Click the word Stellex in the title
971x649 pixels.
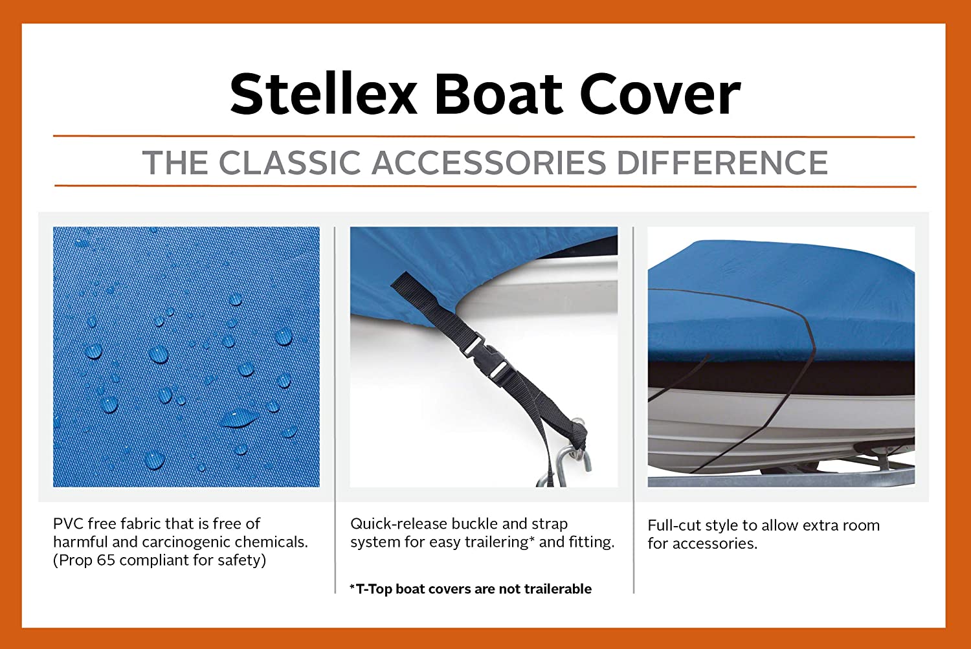324,94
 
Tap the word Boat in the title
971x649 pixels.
499,94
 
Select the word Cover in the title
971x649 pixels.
660,94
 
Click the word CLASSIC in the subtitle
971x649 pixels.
289,163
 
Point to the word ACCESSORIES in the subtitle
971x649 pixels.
489,163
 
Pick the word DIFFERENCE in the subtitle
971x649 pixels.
722,163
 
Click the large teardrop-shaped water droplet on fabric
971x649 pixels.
239,417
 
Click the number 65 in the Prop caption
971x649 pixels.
106,560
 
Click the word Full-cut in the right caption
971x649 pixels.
674,525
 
